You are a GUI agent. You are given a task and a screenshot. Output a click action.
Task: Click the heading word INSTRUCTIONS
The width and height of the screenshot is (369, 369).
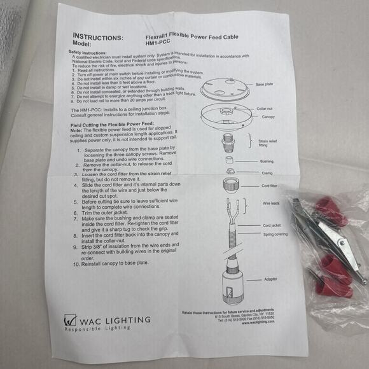99,36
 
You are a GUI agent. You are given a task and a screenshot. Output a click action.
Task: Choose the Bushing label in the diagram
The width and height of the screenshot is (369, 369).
267,162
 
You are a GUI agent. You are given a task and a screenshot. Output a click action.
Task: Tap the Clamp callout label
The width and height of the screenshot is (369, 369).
266,173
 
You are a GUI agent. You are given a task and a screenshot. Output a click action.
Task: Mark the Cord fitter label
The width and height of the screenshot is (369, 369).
269,186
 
